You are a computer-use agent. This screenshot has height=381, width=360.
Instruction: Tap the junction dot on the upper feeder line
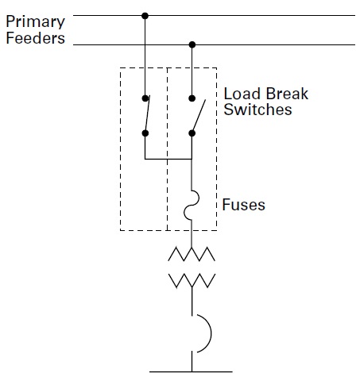coord(144,15)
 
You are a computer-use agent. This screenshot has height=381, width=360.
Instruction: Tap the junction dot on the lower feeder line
coord(192,44)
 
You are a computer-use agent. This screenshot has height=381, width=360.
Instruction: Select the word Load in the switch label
coord(241,94)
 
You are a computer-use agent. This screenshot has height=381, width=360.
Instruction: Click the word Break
coord(285,94)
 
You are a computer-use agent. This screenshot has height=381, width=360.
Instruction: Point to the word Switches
coord(257,110)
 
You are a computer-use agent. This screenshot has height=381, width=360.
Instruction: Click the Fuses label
coord(244,205)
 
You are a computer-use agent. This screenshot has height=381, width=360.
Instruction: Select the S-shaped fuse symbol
coord(192,203)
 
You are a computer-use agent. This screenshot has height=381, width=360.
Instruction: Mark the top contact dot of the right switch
coord(192,99)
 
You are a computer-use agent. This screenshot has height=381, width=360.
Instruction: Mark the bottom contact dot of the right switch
coord(192,133)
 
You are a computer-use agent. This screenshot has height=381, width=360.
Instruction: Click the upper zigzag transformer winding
coord(192,254)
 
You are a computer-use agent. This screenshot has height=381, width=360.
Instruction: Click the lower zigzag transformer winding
coord(192,279)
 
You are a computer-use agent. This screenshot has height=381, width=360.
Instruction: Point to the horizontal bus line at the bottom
coord(192,371)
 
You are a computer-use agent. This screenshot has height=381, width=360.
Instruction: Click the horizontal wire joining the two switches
coord(168,159)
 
